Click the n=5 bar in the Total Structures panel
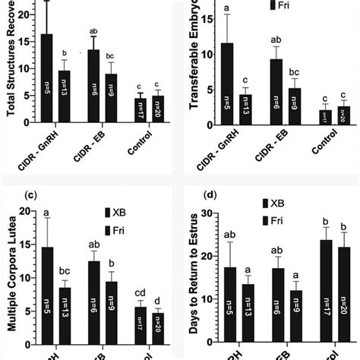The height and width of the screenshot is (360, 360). (x=47, y=76)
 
